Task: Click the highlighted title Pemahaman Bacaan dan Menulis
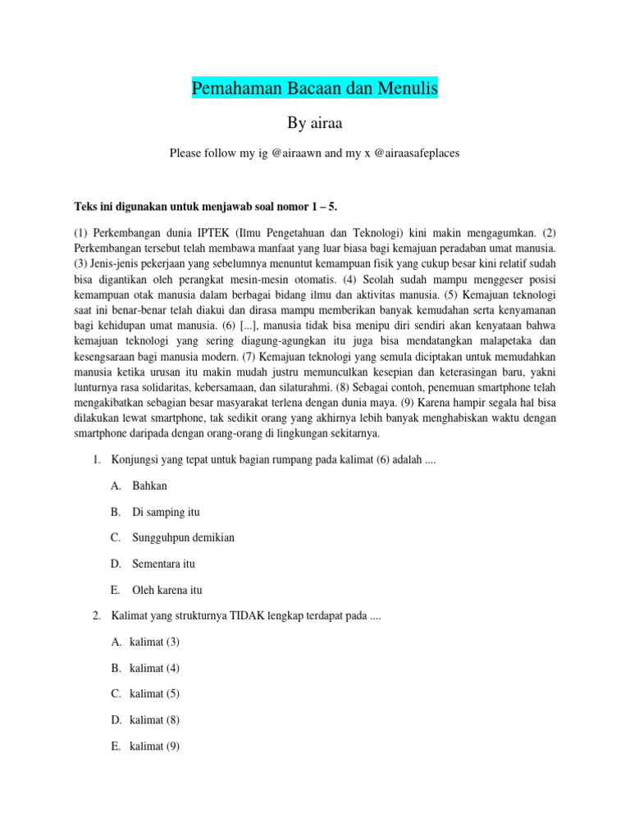tap(315, 87)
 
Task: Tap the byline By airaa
tap(315, 123)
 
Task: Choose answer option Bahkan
tap(149, 486)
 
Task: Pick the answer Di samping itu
tap(166, 512)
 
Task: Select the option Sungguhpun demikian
tap(183, 538)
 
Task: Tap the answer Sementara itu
tap(163, 564)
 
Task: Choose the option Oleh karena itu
tap(167, 590)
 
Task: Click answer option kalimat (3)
tap(154, 641)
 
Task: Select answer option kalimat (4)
tap(154, 668)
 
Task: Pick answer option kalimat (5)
tap(154, 694)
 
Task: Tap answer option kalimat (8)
tap(154, 720)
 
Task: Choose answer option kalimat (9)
tap(154, 746)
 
